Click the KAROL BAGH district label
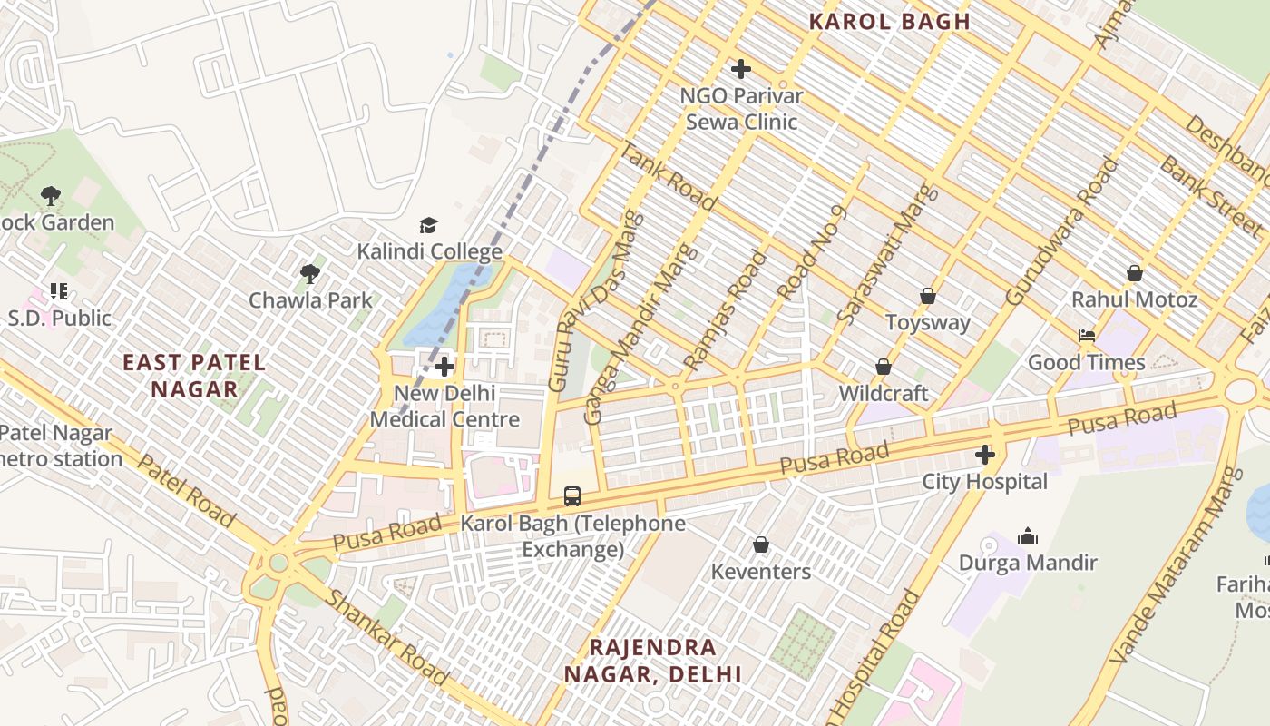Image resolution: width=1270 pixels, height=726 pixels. point(889,22)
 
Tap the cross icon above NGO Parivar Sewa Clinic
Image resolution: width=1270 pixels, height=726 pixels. point(741,68)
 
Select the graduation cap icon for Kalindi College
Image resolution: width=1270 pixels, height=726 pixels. point(428,225)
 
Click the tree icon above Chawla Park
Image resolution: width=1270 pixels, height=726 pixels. point(310,273)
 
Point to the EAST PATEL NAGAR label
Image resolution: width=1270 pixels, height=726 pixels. point(194,376)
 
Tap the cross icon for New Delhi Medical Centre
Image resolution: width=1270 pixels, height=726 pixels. point(444,367)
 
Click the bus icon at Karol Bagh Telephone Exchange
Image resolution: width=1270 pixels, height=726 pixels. point(572,496)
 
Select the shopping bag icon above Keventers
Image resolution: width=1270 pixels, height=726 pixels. point(761,544)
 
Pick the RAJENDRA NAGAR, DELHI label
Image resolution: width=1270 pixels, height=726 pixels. point(653,661)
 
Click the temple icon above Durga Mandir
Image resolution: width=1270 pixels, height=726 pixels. point(1028,536)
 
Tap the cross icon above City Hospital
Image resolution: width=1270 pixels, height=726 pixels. point(985,455)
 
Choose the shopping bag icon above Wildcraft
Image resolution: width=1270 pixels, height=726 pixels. point(884,367)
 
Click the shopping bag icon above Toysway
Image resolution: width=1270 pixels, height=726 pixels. point(928,296)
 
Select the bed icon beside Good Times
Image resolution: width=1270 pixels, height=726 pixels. point(1087,336)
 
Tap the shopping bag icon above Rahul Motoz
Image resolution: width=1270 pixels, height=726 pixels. point(1134,273)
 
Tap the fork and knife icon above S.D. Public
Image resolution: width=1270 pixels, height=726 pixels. point(59,291)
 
